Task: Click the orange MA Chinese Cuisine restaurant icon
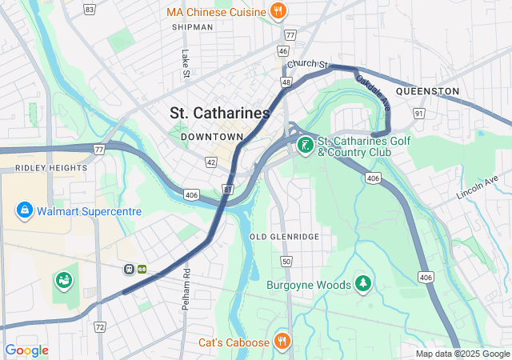[278, 11]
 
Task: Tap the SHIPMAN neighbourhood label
[192, 27]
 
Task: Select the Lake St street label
[185, 64]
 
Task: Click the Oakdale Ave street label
[373, 91]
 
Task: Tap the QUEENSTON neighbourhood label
[427, 92]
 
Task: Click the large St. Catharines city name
[220, 114]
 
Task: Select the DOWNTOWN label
[211, 137]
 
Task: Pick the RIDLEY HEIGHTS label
[50, 168]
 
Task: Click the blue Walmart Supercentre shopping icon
[25, 210]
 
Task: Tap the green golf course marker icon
[304, 146]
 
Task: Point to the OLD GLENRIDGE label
[284, 237]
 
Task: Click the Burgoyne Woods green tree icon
[364, 284]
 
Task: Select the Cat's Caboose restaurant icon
[282, 342]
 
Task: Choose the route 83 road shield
[89, 10]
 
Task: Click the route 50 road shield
[286, 262]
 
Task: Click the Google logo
[26, 350]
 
